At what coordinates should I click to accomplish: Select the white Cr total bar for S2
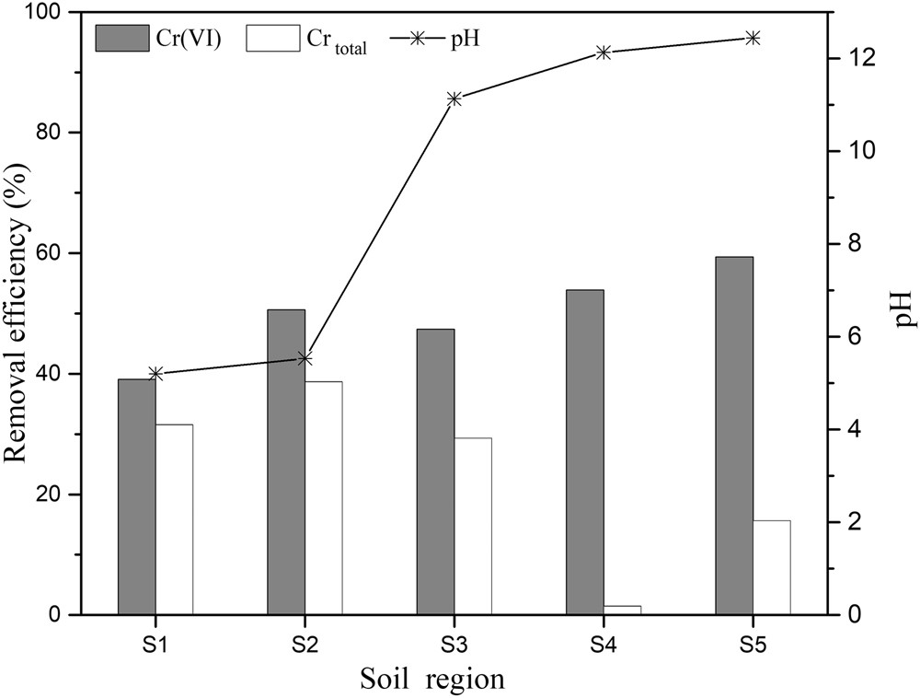point(323,497)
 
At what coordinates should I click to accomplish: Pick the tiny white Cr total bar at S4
point(622,610)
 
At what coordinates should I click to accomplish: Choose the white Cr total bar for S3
point(472,526)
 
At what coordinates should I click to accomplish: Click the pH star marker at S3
point(454,99)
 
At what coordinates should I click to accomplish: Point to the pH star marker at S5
point(753,38)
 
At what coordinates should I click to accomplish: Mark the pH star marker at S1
point(155,373)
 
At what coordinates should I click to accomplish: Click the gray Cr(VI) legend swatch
point(121,39)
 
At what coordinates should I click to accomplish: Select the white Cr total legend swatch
point(273,39)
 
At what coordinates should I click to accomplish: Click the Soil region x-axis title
point(431,679)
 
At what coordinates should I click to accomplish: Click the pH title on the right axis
point(902,309)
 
